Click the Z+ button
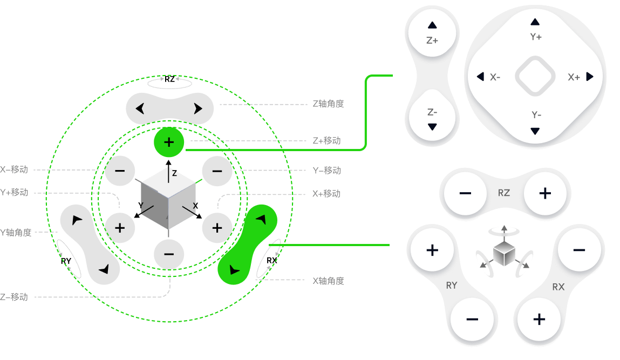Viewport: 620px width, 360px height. pyautogui.click(x=432, y=33)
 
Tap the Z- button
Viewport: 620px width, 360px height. pyautogui.click(x=432, y=118)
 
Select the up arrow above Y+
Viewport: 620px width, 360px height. pyautogui.click(x=535, y=22)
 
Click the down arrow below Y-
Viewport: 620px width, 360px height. pyautogui.click(x=535, y=131)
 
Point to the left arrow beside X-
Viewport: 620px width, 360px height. pyautogui.click(x=480, y=77)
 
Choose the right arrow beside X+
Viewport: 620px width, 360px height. pyautogui.click(x=590, y=77)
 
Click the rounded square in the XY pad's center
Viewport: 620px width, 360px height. pyautogui.click(x=535, y=76)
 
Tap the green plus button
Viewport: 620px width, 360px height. pyautogui.click(x=169, y=142)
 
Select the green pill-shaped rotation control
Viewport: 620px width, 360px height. pyautogui.click(x=248, y=244)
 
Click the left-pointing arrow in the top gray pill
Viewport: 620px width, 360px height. pyautogui.click(x=140, y=109)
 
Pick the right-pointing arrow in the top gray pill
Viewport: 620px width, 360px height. pyautogui.click(x=198, y=109)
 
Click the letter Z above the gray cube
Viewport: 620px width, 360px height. pyautogui.click(x=174, y=173)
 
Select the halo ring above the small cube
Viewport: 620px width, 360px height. pyautogui.click(x=504, y=232)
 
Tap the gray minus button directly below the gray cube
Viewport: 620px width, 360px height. pyautogui.click(x=169, y=254)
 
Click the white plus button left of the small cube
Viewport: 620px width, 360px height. pyautogui.click(x=432, y=250)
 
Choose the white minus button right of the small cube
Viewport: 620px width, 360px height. pyautogui.click(x=579, y=250)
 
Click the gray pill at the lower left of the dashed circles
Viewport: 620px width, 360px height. pyautogui.click(x=90, y=244)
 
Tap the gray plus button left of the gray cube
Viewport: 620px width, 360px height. pyautogui.click(x=120, y=228)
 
